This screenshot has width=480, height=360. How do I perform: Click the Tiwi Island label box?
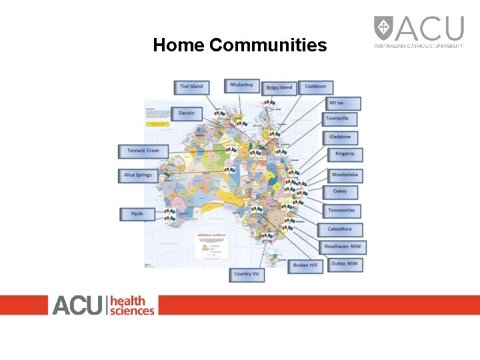tap(192, 87)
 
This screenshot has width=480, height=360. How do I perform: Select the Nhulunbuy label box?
tap(241, 85)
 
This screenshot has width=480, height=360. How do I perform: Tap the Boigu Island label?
tap(279, 87)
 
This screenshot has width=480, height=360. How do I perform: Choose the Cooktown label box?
tap(315, 87)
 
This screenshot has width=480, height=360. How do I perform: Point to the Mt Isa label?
tap(343, 103)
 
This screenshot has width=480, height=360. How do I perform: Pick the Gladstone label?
tap(340, 137)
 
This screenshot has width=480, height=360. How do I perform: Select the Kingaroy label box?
tap(345, 154)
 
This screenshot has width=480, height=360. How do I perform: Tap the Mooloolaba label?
tap(345, 175)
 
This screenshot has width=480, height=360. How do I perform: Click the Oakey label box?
tap(340, 192)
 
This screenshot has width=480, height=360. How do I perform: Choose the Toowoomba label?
tap(342, 211)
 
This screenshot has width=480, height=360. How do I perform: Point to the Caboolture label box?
tap(341, 229)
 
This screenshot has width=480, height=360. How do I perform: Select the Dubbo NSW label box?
tap(345, 264)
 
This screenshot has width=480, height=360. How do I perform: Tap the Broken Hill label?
tap(305, 265)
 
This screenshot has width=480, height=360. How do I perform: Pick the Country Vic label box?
tap(247, 274)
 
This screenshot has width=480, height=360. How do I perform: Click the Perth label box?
tap(137, 214)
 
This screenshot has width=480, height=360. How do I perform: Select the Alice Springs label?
tap(137, 175)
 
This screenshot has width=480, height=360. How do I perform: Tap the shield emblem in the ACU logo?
tap(383, 28)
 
